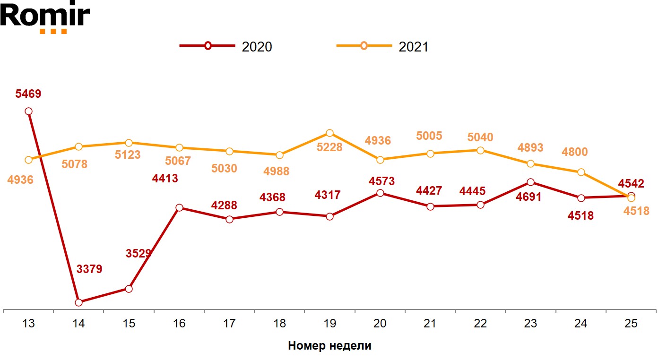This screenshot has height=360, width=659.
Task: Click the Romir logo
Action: pos(45,17)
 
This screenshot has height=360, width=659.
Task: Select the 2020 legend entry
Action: pos(226,46)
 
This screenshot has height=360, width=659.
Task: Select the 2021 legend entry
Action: pos(382,46)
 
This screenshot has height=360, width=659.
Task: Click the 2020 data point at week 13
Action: pos(28,111)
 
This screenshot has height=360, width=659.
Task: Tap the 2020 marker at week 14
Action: pos(79,302)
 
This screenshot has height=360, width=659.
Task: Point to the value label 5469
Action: pos(28,94)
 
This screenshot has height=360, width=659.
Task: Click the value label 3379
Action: pos(89,269)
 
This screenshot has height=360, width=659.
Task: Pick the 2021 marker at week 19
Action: pos(329,133)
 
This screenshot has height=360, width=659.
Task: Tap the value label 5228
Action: pos(329,147)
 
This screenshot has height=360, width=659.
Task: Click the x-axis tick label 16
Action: pos(179,324)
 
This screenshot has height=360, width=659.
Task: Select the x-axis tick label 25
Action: pos(631,324)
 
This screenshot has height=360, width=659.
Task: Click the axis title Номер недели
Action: pos(329,346)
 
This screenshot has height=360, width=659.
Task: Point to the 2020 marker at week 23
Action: pos(530,182)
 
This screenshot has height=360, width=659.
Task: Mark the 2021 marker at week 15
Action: pos(129,143)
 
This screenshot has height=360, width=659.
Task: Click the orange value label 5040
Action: pos(480,137)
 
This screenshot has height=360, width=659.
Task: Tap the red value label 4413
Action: pos(165,179)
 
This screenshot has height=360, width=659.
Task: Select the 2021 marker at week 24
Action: pos(581,172)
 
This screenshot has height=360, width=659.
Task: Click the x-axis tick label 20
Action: pos(380,324)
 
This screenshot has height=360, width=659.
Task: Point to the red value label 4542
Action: pos(631,183)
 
